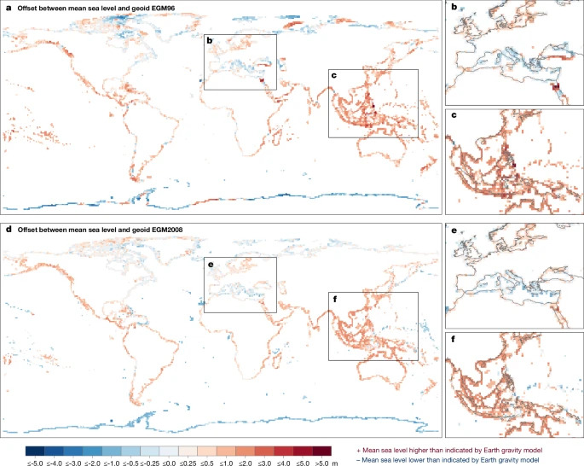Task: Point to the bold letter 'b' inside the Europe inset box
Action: [x=210, y=41]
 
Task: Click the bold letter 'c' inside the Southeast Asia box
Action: [x=333, y=76]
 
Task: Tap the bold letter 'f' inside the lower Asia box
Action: [x=333, y=298]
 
